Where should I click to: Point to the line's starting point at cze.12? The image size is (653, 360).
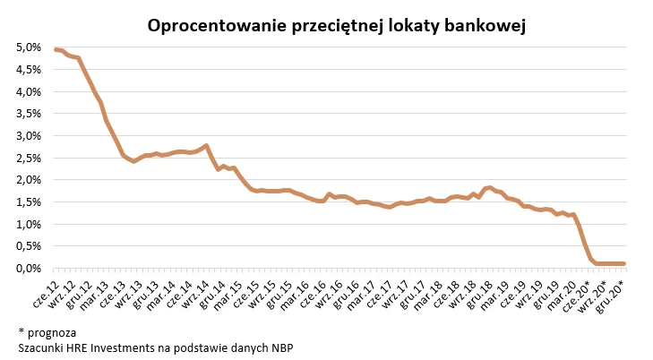click(x=55, y=49)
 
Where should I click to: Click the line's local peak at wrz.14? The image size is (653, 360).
click(x=207, y=146)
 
